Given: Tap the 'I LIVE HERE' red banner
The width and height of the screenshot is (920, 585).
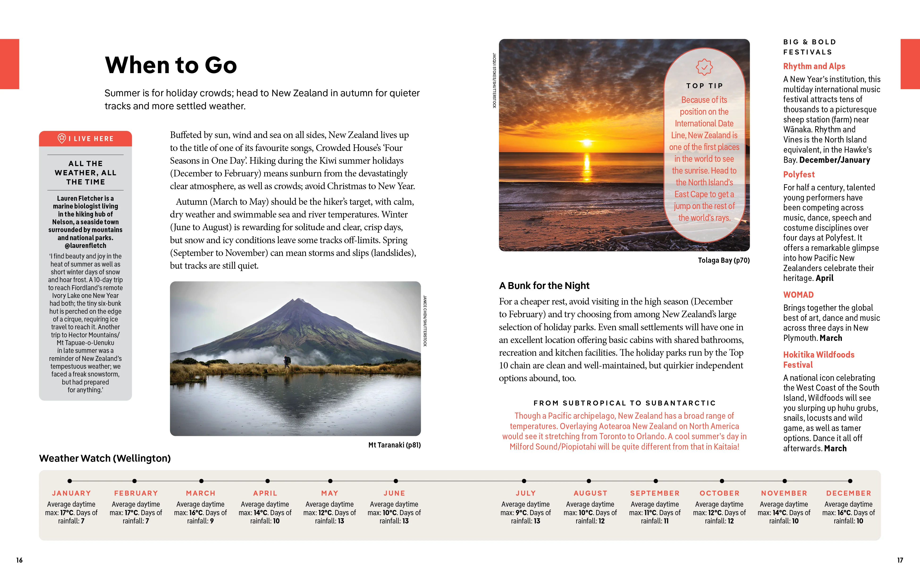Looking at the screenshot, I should [86, 139].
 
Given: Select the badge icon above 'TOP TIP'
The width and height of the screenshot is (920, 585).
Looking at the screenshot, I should [704, 67].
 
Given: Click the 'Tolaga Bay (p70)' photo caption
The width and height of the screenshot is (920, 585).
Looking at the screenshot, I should [724, 260].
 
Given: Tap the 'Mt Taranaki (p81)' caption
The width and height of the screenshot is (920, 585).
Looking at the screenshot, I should [394, 445].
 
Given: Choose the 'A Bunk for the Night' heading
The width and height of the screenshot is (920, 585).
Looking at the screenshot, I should [544, 286].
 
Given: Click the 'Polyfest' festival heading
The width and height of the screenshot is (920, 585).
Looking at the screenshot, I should [799, 175].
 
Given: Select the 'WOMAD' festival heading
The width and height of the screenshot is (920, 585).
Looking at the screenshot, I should [798, 295].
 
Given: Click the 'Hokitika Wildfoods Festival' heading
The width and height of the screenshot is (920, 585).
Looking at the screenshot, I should [818, 360].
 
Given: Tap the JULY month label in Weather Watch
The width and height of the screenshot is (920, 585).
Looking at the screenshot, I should [525, 493].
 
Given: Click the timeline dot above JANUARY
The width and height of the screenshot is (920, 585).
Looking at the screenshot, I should [70, 481].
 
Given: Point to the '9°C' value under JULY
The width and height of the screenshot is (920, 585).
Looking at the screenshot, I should [522, 513].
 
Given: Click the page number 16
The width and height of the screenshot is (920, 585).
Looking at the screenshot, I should [20, 560].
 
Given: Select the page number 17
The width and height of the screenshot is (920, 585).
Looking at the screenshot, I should [900, 560].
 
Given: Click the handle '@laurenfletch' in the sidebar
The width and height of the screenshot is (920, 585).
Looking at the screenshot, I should [86, 246].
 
